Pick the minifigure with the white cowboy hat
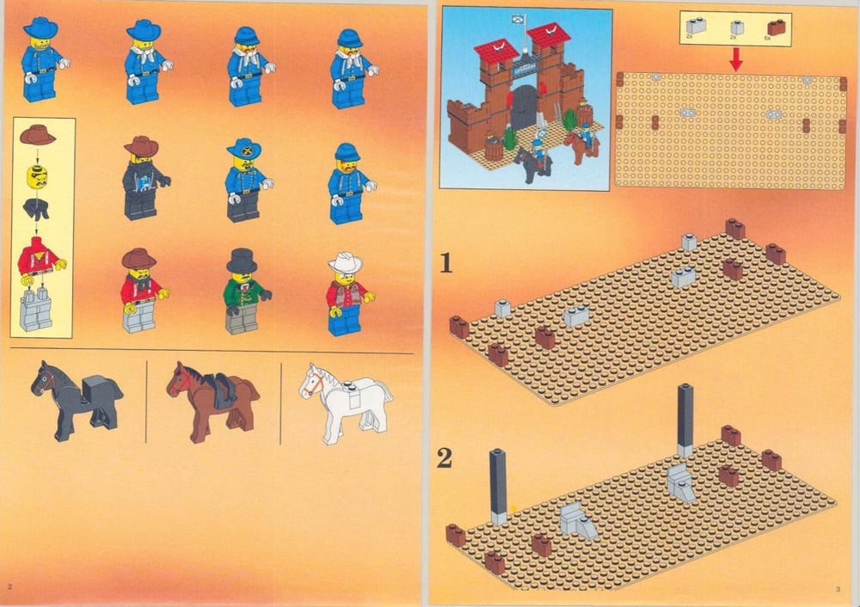[346, 293]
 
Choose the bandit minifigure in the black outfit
[142, 177]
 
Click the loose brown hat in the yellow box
[37, 135]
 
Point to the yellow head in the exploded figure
[37, 176]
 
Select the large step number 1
[445, 261]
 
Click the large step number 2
[444, 458]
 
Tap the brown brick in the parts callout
[777, 28]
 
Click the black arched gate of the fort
[524, 107]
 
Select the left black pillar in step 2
[498, 486]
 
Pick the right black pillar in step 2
[685, 420]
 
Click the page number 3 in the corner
[836, 589]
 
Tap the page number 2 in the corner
[9, 586]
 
